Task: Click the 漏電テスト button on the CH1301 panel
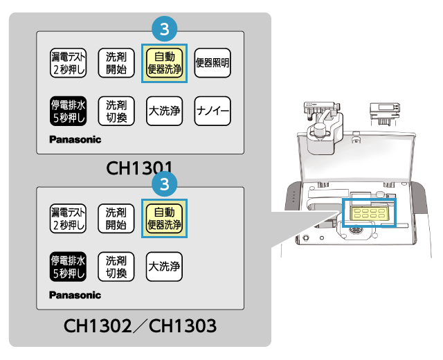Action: click(x=69, y=64)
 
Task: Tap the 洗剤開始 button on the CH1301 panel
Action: click(x=116, y=64)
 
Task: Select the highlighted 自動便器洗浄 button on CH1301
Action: click(x=164, y=64)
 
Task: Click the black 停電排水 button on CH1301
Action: click(x=69, y=111)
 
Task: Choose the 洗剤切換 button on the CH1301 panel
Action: click(x=116, y=111)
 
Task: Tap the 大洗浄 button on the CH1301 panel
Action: click(x=164, y=111)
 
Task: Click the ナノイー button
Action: click(x=213, y=111)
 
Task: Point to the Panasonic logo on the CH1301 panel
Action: click(x=75, y=139)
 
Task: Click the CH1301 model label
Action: click(x=139, y=168)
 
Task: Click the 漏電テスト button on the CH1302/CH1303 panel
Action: click(x=69, y=219)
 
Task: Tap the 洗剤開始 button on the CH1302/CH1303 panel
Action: click(x=116, y=219)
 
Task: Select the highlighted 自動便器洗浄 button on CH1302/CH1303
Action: click(x=164, y=219)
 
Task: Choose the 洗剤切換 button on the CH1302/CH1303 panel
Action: click(x=116, y=267)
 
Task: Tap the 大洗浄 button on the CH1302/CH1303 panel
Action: click(x=164, y=267)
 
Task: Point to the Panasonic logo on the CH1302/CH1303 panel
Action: click(x=75, y=295)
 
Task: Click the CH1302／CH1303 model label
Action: click(x=141, y=325)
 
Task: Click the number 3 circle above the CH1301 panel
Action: click(x=165, y=30)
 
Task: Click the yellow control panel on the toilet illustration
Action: click(x=369, y=213)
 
